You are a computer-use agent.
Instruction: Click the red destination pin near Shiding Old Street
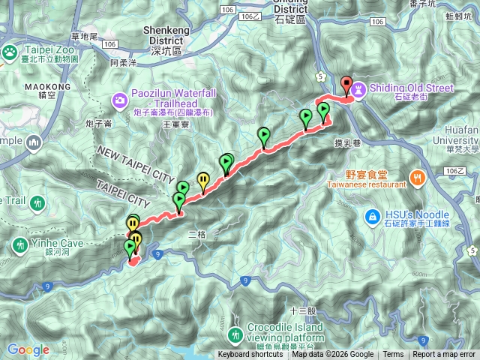coord(346,84)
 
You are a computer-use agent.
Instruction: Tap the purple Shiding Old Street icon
coord(359,88)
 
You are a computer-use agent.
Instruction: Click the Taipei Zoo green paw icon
coord(10,51)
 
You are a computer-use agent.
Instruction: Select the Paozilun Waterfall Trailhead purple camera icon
coord(120,100)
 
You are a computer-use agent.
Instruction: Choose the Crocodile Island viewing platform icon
coord(235,333)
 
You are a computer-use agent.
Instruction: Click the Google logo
coord(28,349)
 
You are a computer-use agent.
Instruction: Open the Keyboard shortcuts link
coord(251,355)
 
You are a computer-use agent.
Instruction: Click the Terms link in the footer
coord(393,355)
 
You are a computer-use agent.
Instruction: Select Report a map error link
coord(444,355)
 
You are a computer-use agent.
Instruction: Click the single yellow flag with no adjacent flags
coord(202,179)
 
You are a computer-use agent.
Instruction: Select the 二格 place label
coord(196,235)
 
